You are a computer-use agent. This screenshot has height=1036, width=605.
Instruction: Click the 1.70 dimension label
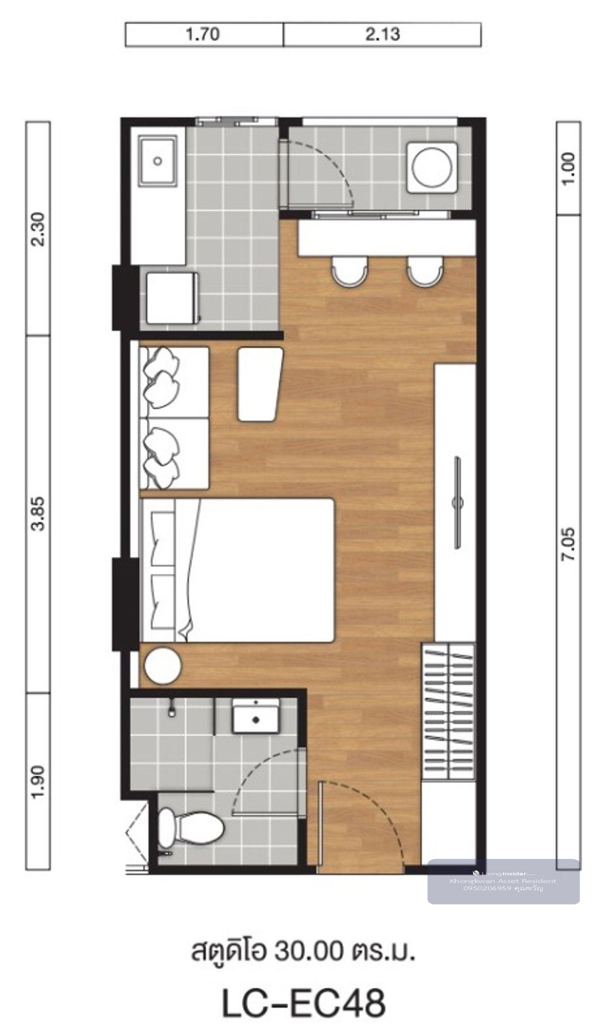pos(203,35)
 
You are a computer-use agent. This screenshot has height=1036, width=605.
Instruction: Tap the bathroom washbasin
pos(256,716)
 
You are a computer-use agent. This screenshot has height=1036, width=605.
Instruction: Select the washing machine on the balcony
pos(433,167)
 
